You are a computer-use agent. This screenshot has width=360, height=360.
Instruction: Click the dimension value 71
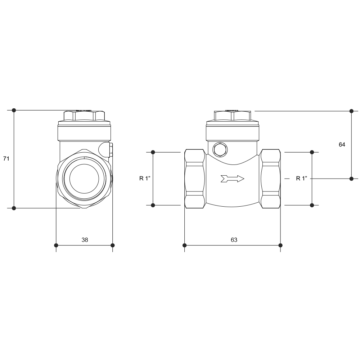[6, 158]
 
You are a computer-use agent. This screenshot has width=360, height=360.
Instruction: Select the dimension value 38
[85, 240]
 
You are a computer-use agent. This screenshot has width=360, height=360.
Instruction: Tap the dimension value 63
[234, 240]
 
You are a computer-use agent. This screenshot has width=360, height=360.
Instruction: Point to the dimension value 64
[342, 144]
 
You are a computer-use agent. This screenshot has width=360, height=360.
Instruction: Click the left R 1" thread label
[145, 179]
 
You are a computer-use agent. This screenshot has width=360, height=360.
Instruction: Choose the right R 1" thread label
[301, 179]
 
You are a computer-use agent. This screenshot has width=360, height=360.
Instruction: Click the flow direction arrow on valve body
[232, 179]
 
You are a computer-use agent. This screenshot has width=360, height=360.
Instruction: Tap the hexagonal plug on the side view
[220, 150]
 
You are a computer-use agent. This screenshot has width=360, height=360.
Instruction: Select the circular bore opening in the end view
[84, 179]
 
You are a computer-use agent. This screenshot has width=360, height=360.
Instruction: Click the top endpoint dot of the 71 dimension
[14, 110]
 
